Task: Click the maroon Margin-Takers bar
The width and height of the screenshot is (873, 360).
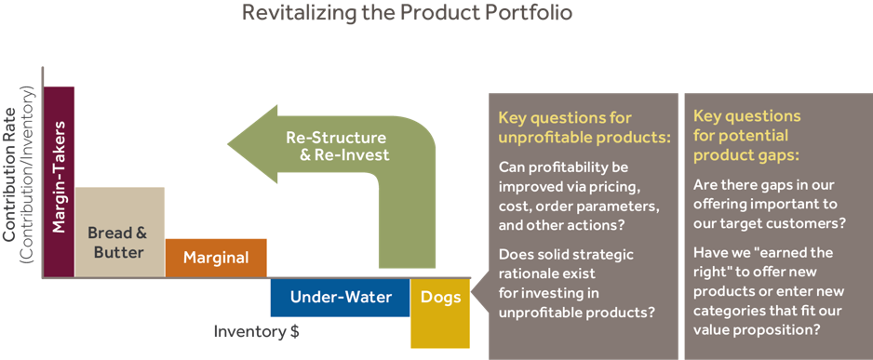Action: click(59, 181)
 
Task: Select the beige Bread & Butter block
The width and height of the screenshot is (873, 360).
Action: click(119, 232)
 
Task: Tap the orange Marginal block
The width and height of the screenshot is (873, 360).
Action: click(215, 258)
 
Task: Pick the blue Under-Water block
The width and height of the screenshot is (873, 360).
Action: click(339, 298)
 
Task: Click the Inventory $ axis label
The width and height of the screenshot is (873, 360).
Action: click(257, 331)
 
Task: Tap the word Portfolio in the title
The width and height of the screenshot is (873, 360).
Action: click(537, 13)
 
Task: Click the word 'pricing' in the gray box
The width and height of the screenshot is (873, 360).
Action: click(605, 187)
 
